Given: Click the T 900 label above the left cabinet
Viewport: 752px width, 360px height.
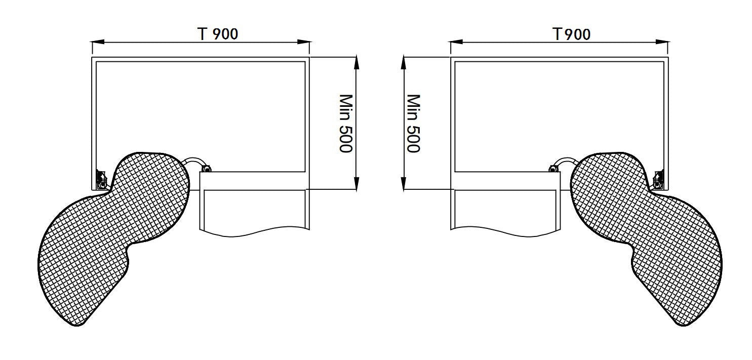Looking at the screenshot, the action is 218,34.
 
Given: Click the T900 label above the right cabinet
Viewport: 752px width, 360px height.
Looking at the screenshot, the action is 571,34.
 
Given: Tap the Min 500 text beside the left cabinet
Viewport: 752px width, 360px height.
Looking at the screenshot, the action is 346,124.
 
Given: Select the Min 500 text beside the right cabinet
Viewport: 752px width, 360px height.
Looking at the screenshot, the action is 414,124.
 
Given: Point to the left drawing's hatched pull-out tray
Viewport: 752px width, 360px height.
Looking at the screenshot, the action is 114,235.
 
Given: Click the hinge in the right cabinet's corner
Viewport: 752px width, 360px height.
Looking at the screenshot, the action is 658,180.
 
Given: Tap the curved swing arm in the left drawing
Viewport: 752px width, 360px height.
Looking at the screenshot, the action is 192,161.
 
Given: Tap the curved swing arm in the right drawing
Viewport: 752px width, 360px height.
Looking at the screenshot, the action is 567,161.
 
